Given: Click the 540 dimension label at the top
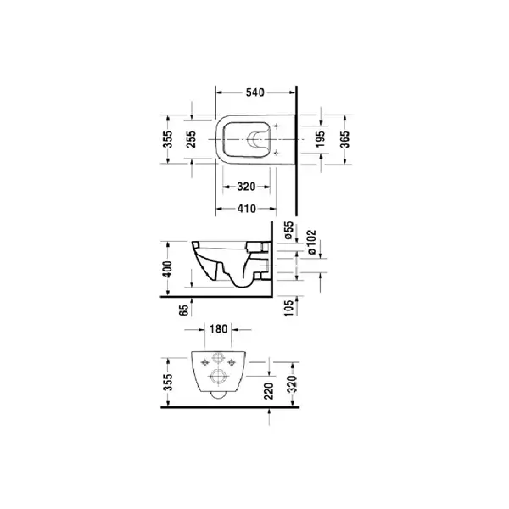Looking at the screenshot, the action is [255, 92].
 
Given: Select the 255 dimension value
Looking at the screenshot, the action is [192, 139].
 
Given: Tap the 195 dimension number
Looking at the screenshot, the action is [320, 139].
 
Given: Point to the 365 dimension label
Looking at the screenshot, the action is [344, 139].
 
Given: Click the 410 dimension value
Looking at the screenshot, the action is [247, 209].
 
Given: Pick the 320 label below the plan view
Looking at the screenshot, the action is [246, 187].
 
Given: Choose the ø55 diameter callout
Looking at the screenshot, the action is [289, 230].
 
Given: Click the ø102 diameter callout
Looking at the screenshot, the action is [311, 242].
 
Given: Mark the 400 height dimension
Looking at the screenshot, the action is [167, 269].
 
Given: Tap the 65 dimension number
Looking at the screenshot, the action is [184, 310].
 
